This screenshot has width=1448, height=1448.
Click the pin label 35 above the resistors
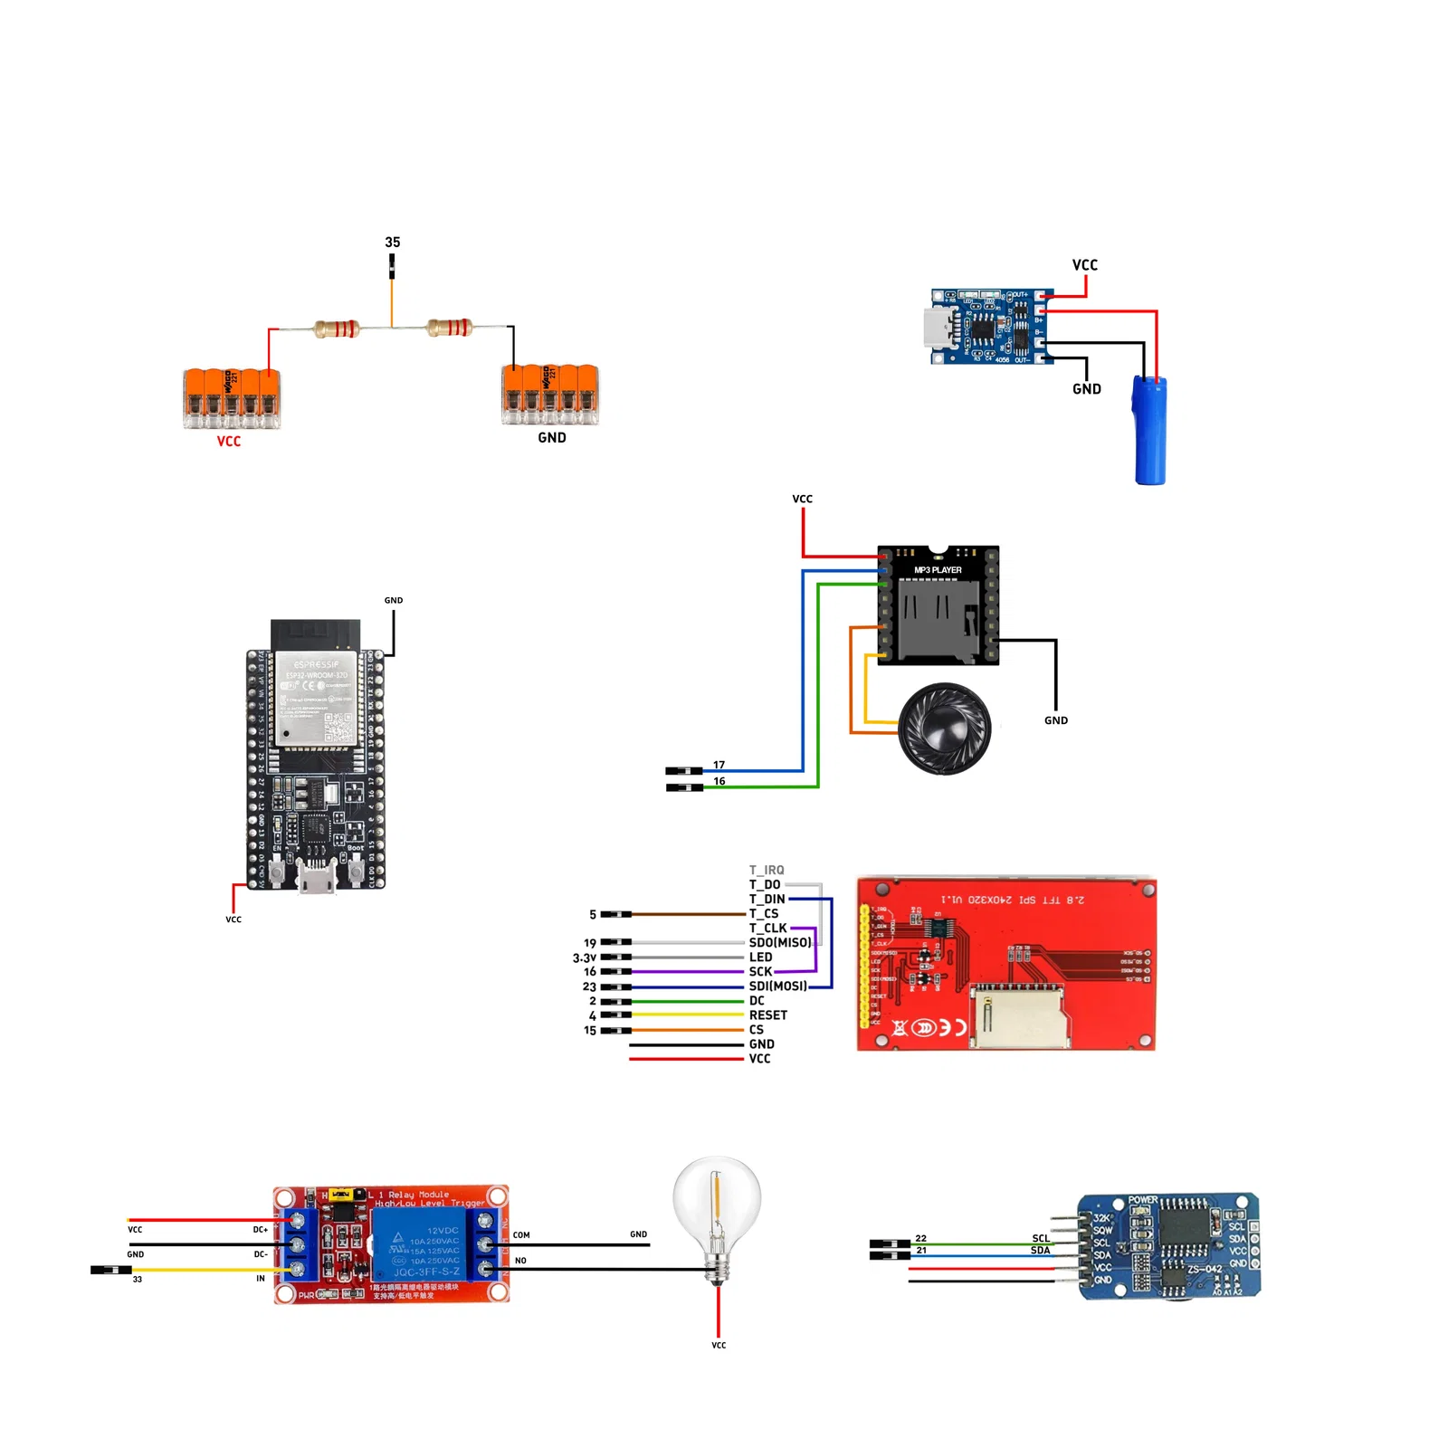(392, 243)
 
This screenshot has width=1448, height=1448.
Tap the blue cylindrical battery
(1150, 430)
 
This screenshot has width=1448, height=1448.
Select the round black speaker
(945, 729)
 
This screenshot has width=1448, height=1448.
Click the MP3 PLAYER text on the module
(938, 570)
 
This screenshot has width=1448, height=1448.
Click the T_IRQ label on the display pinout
(767, 870)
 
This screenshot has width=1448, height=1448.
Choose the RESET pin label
(767, 1015)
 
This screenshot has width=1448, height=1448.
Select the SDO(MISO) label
(779, 942)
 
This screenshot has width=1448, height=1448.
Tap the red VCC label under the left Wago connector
(229, 442)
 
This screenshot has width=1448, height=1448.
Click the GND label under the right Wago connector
(552, 438)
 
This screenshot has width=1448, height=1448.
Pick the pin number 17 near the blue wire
(719, 765)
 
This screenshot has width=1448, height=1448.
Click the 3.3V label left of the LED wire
(585, 957)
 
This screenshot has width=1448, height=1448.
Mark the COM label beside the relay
(521, 1234)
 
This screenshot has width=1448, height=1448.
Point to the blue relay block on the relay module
(422, 1244)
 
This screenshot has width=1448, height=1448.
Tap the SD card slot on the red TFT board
(1021, 1018)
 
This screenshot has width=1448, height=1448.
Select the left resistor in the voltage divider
(337, 329)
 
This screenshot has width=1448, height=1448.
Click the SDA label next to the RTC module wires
(1040, 1251)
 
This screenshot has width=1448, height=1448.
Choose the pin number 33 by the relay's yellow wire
(138, 1279)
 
